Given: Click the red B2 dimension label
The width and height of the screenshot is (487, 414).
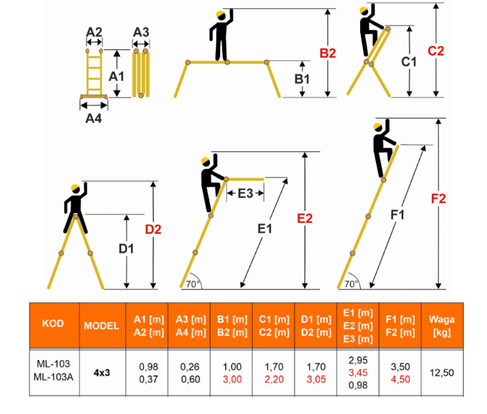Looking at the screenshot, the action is pyautogui.click(x=328, y=53).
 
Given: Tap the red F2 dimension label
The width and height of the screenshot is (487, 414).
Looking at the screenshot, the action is pyautogui.click(x=438, y=198).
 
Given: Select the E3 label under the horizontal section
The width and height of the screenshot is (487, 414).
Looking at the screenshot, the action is pyautogui.click(x=246, y=193).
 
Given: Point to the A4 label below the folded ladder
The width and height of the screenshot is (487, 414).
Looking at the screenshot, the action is pyautogui.click(x=93, y=119).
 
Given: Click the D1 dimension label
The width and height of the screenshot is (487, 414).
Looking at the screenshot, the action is pyautogui.click(x=126, y=249).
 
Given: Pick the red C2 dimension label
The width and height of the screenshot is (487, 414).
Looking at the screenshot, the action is pyautogui.click(x=436, y=51).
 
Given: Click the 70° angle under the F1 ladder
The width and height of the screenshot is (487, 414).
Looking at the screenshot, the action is pyautogui.click(x=352, y=284).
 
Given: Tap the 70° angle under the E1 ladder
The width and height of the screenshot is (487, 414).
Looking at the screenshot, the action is pyautogui.click(x=193, y=284).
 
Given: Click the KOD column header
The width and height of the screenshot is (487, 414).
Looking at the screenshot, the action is pyautogui.click(x=53, y=324).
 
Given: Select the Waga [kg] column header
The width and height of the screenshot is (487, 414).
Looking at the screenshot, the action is pyautogui.click(x=442, y=326).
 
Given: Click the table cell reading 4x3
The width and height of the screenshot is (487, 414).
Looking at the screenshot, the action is pyautogui.click(x=102, y=372).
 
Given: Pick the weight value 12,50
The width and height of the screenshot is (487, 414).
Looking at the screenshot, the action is pyautogui.click(x=442, y=372).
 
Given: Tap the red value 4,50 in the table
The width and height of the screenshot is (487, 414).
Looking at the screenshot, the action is pyautogui.click(x=401, y=379).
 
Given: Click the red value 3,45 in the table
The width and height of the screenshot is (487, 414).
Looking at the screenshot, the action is pyautogui.click(x=358, y=372).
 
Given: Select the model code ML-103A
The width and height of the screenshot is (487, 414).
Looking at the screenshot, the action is pyautogui.click(x=54, y=377).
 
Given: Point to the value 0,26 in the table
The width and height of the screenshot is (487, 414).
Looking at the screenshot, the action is pyautogui.click(x=190, y=367).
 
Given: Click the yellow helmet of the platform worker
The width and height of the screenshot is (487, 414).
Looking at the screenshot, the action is pyautogui.click(x=220, y=14).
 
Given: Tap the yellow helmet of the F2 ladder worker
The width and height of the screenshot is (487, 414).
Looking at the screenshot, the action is pyautogui.click(x=378, y=127).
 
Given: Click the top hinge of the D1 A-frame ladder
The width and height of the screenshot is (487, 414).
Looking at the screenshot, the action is pyautogui.click(x=75, y=217).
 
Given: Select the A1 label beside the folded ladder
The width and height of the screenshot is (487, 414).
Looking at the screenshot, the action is pyautogui.click(x=117, y=76).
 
